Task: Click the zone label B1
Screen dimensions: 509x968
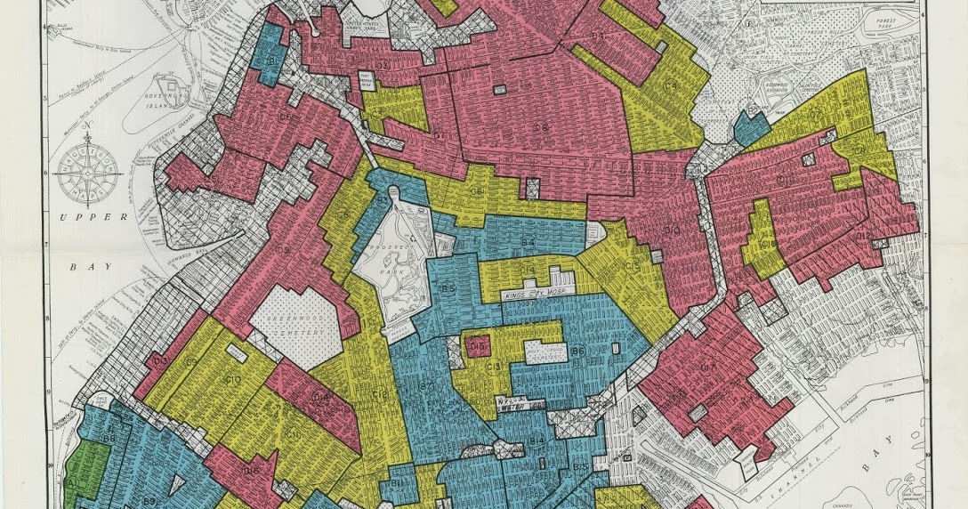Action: (270, 60)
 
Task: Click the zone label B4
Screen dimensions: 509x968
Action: (528, 242)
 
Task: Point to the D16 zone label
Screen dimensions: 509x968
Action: (251, 472)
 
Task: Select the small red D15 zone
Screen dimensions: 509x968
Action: (476, 346)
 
